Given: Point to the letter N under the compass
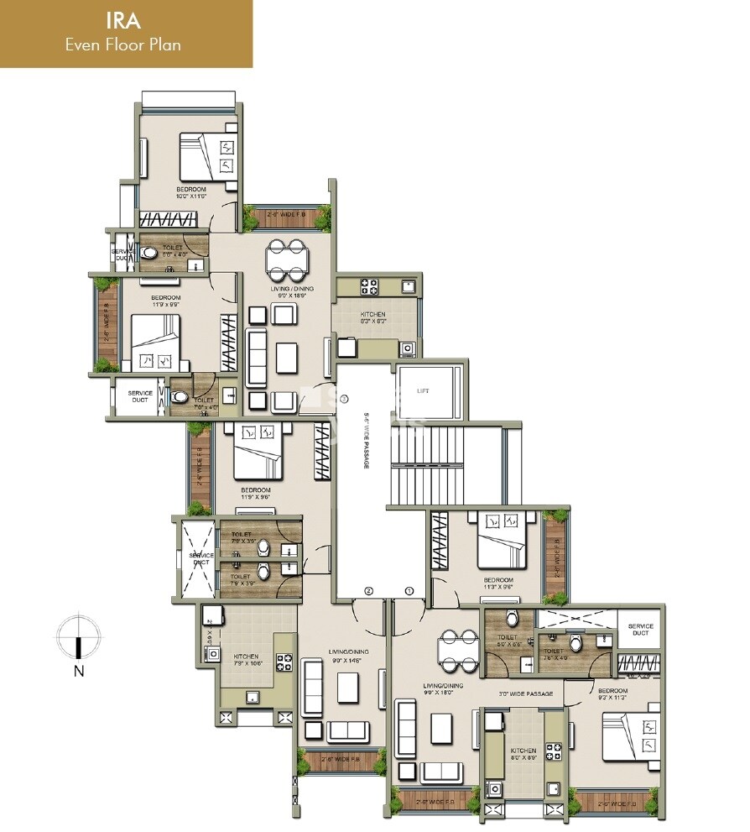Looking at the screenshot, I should (x=77, y=670).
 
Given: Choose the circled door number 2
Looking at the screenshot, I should (x=367, y=591).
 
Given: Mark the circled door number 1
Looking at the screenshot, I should (x=409, y=591).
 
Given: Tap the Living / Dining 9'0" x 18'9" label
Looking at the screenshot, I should (x=288, y=291).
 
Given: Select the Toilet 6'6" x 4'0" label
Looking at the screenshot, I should (x=173, y=249).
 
